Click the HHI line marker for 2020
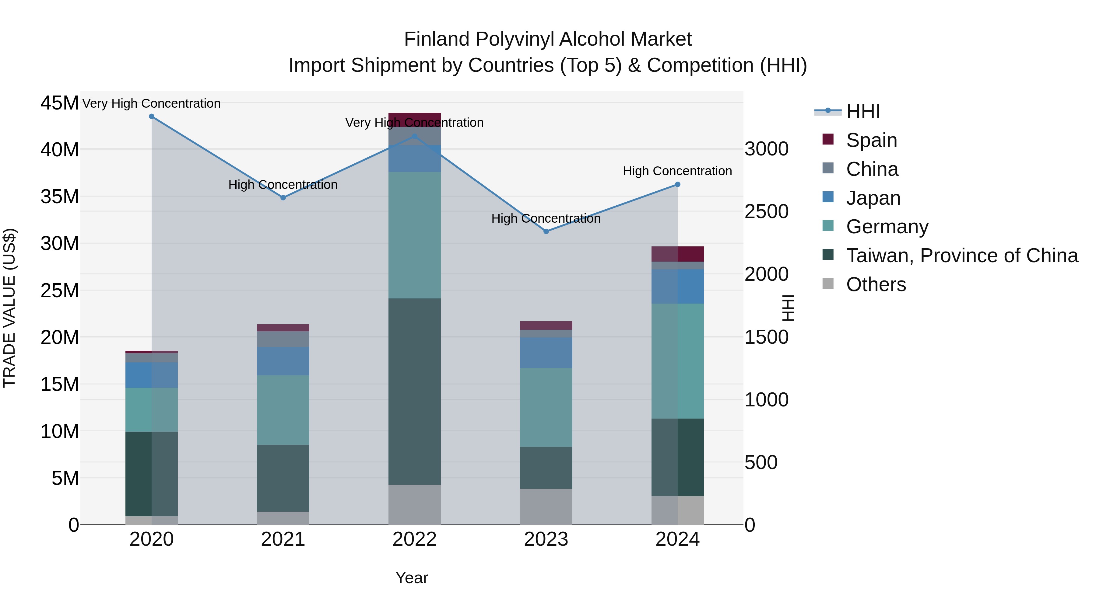pyautogui.click(x=152, y=117)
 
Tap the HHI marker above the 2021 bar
pyautogui.click(x=283, y=198)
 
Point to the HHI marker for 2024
pyautogui.click(x=678, y=185)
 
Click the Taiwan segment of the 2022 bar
pyautogui.click(x=414, y=391)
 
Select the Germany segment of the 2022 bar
pyautogui.click(x=414, y=235)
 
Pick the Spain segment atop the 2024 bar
pyautogui.click(x=678, y=254)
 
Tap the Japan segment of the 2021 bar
pyautogui.click(x=283, y=361)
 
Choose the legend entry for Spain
pyautogui.click(x=871, y=140)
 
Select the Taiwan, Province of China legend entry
pyautogui.click(x=961, y=256)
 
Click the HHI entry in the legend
pyautogui.click(x=863, y=111)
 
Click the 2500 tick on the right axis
pyautogui.click(x=766, y=212)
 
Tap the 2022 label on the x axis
pyautogui.click(x=414, y=539)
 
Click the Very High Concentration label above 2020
pyautogui.click(x=152, y=103)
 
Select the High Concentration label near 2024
pyautogui.click(x=677, y=171)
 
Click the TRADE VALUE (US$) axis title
pyautogui.click(x=10, y=308)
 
